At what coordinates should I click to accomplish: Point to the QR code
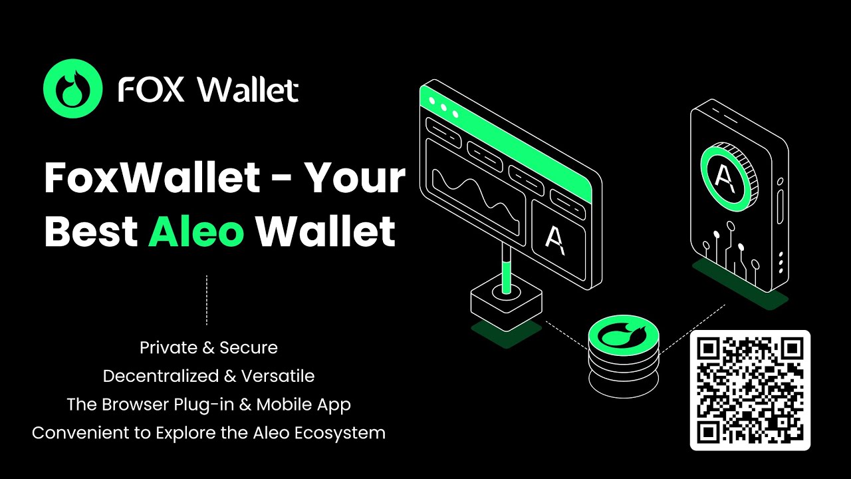tap(750, 390)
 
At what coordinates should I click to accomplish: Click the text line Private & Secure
tap(209, 347)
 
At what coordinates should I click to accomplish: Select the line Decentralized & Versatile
tap(209, 376)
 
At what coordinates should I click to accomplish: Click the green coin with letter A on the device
tap(727, 170)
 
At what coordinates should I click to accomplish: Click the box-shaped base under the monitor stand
tap(506, 303)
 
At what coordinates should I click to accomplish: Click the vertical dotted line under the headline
tap(207, 300)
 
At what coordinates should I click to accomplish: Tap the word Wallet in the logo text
tap(249, 90)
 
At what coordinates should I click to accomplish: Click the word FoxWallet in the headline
tap(152, 178)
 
